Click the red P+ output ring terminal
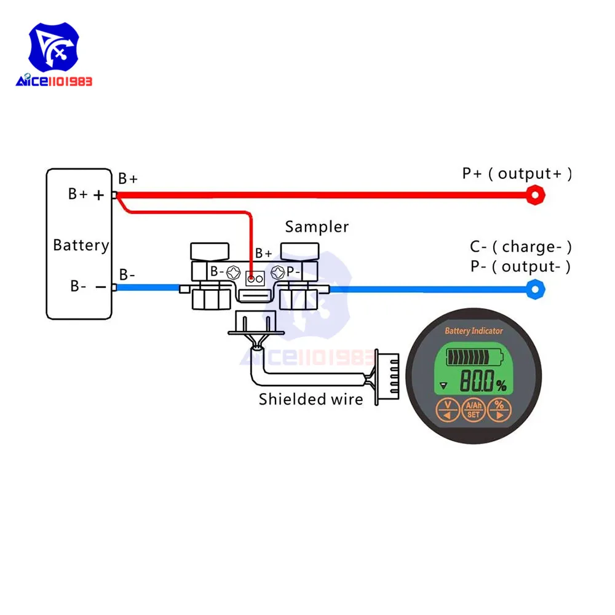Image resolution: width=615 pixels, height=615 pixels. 536,196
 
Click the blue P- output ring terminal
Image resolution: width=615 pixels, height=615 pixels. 536,288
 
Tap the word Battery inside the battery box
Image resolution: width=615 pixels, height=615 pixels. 81,245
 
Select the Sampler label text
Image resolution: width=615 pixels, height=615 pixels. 317,227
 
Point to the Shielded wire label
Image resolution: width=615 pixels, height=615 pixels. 311,399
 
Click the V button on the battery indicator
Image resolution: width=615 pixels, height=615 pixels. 448,410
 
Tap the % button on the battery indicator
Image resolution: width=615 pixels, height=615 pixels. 499,410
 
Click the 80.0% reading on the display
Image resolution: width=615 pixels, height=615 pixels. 483,383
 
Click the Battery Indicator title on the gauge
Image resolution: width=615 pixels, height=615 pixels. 474,331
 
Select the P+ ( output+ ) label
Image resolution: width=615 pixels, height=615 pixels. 517,174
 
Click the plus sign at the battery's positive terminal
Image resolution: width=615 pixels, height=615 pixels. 98,195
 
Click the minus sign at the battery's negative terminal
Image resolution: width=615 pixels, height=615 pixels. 98,287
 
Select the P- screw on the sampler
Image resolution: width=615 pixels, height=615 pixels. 277,271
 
